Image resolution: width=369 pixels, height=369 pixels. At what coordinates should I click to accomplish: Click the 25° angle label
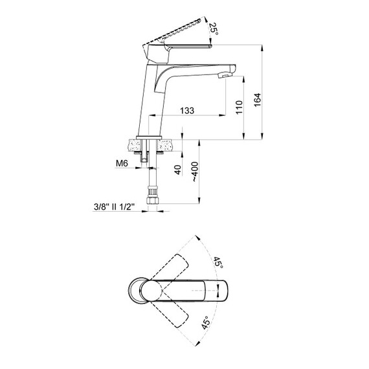214,29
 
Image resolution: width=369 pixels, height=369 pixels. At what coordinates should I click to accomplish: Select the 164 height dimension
258,100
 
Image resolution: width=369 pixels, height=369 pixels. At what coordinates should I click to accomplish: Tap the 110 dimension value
239,107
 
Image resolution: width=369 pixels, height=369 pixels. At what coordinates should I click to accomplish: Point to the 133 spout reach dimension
187,110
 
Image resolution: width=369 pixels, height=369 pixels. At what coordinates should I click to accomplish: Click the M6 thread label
122,163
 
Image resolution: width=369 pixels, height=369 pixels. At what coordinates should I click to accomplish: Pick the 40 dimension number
178,170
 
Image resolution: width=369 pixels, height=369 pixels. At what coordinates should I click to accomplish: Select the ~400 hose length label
195,172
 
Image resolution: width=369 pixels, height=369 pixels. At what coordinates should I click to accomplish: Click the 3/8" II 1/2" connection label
114,207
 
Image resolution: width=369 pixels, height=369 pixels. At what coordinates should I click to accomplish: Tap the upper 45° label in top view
218,263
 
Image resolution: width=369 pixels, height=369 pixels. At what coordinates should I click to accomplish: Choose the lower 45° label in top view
205,322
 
